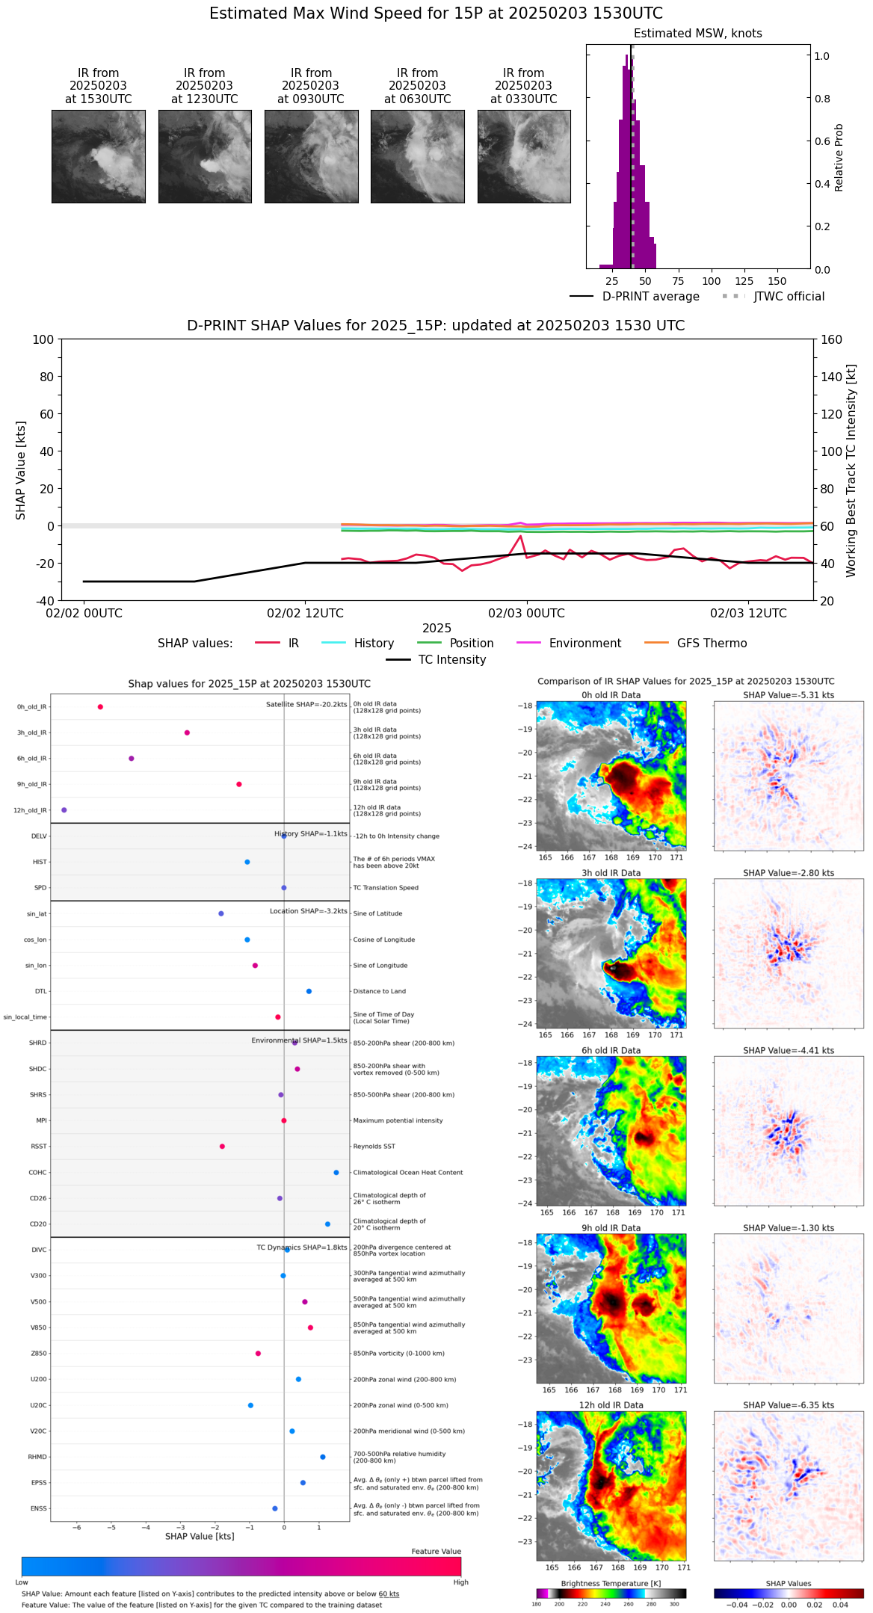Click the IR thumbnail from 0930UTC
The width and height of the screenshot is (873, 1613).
click(x=311, y=156)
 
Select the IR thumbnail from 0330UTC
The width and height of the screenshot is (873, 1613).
click(x=523, y=156)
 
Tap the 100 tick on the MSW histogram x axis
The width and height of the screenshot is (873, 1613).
click(x=711, y=281)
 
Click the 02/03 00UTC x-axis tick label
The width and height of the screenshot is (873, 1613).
click(x=526, y=614)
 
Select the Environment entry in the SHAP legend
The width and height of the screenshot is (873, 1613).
click(x=584, y=644)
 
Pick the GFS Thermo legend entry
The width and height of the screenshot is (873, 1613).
click(x=712, y=644)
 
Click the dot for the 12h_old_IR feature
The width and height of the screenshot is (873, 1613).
click(x=64, y=810)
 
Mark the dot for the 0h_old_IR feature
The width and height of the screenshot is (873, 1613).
click(x=100, y=707)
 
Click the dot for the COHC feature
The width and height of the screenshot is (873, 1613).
click(x=336, y=1173)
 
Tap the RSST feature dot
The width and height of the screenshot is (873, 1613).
click(x=222, y=1147)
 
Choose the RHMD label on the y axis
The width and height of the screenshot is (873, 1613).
click(x=37, y=1457)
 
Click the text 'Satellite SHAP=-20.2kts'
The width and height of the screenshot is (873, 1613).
click(x=306, y=705)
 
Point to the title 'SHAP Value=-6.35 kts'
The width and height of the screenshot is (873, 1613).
click(x=789, y=1405)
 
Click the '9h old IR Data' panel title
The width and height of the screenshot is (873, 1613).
click(x=611, y=1228)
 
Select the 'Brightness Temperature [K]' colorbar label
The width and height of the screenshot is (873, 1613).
click(x=611, y=1584)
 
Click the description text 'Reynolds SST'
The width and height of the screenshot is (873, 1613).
click(x=374, y=1147)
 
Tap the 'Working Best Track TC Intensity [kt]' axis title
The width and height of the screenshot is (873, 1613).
click(x=851, y=471)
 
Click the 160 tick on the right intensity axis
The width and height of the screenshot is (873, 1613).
click(x=832, y=340)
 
